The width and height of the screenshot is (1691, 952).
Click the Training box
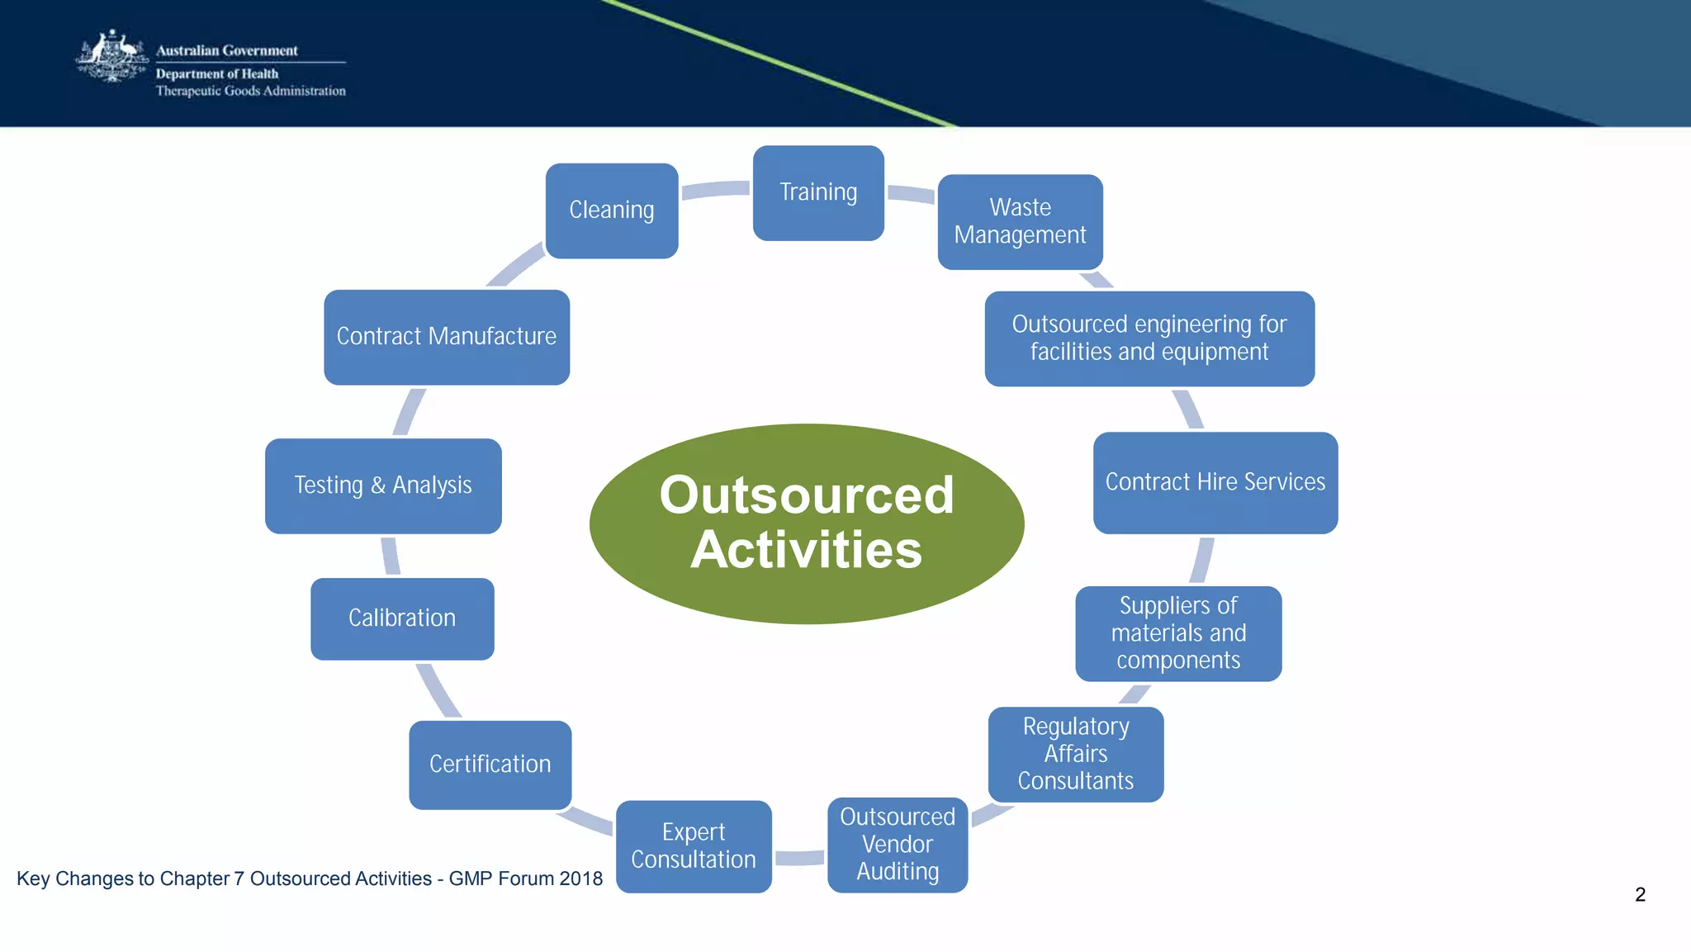[818, 193]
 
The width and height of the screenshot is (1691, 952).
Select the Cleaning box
[612, 211]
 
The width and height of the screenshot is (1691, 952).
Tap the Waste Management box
[1020, 221]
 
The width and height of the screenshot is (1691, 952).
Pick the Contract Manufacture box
[447, 337]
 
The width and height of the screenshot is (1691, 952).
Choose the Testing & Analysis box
[383, 485]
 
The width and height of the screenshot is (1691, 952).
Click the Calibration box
[402, 618]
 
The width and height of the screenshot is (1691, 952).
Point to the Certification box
[490, 765]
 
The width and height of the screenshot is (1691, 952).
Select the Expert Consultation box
[694, 846]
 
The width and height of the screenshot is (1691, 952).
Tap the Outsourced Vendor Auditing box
[898, 845]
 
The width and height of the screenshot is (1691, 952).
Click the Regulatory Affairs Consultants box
[1076, 754]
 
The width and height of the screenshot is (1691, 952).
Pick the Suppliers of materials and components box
[1178, 633]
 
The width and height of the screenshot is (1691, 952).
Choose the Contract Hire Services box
[1215, 482]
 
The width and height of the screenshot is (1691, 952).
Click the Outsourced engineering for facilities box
[1149, 339]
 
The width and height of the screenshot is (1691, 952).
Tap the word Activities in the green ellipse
[807, 551]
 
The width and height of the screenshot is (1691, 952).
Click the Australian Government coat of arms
[111, 58]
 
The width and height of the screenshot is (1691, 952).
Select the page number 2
[1640, 895]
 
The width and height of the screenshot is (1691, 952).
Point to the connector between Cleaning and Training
[715, 189]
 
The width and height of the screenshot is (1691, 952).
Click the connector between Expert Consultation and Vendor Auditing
[799, 858]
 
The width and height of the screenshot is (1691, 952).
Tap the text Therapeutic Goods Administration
[251, 91]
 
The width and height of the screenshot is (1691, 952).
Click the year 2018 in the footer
[580, 879]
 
